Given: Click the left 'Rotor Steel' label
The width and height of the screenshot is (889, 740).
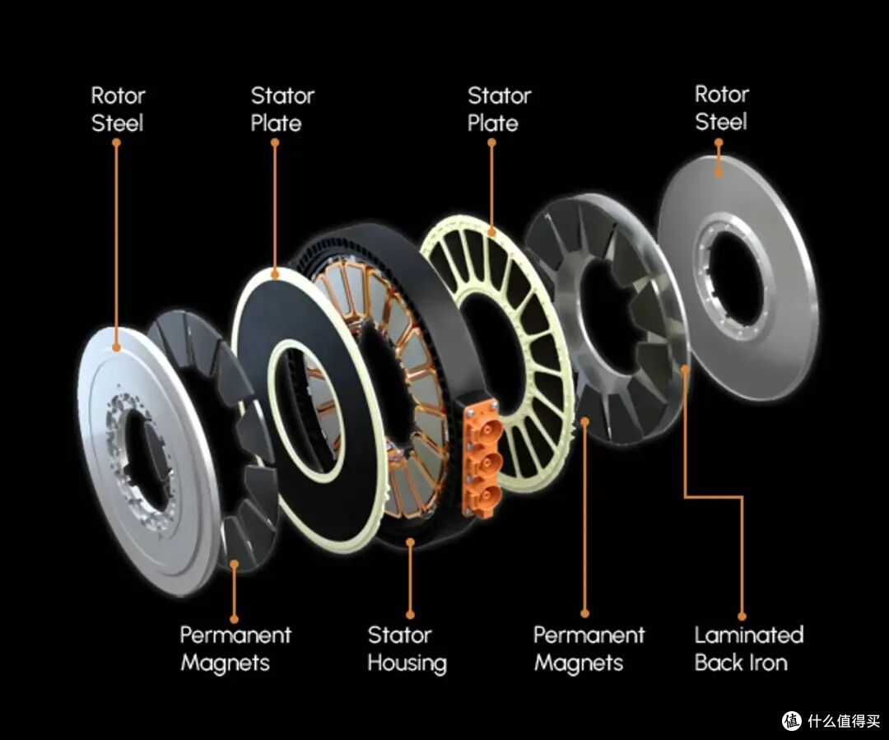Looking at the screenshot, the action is coord(118,109).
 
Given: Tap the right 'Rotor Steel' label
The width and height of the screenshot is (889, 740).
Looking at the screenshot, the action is coord(722,108).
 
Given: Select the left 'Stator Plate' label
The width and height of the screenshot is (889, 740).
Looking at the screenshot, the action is coord(282,109).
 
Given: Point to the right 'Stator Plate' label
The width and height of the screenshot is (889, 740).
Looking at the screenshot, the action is coord(499,109).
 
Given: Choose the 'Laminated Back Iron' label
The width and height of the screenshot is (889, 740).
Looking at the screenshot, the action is coord(749,649).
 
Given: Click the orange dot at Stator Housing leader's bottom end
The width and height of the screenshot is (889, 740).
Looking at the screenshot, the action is coord(410,615).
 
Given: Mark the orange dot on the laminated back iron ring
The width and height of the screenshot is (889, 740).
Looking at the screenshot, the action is coord(685,369).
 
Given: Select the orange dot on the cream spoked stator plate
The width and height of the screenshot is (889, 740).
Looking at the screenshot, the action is coord(491,231).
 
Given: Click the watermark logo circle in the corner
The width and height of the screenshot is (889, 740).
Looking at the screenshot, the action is coord(792,721).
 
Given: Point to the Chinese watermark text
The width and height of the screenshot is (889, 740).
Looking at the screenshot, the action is coord(845,721).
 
